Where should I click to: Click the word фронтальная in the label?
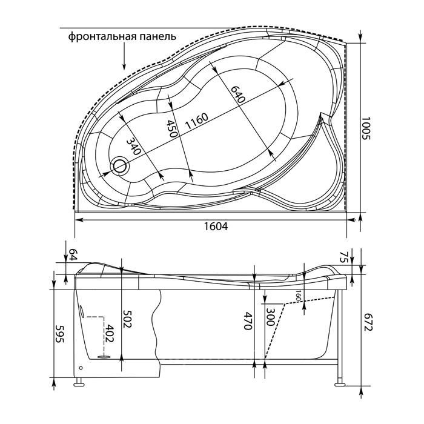click(x=102, y=36)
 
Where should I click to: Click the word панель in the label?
click(x=158, y=36)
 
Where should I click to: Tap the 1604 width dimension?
click(x=216, y=226)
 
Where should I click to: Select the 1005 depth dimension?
click(x=366, y=128)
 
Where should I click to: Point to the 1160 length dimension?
click(x=197, y=121)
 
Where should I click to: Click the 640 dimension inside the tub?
click(x=238, y=94)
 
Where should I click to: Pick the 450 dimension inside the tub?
click(x=171, y=128)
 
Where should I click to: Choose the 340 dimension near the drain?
click(x=134, y=146)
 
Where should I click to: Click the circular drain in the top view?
click(x=120, y=165)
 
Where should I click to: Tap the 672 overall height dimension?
click(x=368, y=322)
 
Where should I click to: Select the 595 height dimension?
click(x=59, y=333)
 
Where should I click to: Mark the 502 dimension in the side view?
click(x=127, y=319)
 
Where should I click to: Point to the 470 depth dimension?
click(x=248, y=320)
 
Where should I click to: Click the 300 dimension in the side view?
click(x=270, y=317)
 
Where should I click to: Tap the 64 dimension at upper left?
click(x=73, y=255)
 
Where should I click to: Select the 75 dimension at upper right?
click(x=343, y=257)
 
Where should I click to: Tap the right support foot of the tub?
click(x=340, y=383)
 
